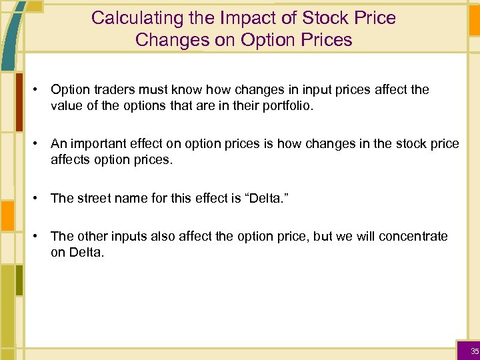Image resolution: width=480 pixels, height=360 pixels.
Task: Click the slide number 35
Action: pos(474,351)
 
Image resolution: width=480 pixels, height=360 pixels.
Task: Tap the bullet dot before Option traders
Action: pos(40,89)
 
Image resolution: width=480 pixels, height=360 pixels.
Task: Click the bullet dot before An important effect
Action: pos(40,144)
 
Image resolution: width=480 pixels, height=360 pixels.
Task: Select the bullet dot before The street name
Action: pos(40,198)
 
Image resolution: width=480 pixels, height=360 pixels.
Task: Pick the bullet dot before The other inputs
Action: pos(40,236)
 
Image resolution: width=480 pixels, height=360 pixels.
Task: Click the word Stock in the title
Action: pos(314,18)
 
